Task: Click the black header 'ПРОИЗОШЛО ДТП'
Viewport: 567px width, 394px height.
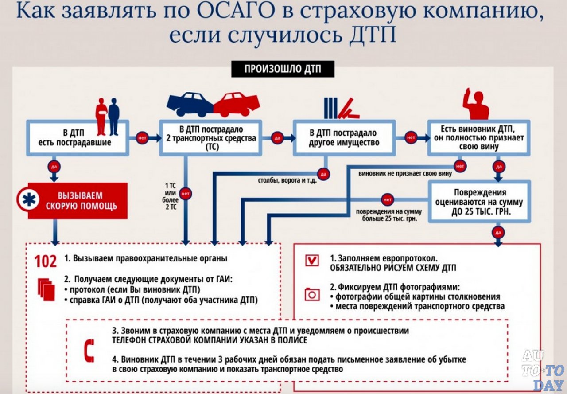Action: click(283, 69)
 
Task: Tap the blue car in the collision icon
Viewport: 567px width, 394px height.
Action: click(190, 104)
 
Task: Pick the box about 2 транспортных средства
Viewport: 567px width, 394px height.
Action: click(211, 137)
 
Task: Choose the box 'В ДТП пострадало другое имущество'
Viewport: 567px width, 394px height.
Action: click(344, 137)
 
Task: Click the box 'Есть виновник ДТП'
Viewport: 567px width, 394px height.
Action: click(479, 137)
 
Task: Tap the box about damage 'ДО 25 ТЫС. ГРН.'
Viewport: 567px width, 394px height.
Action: click(479, 201)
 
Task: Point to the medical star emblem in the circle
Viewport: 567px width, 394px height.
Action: click(29, 200)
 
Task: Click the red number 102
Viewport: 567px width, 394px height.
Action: click(46, 261)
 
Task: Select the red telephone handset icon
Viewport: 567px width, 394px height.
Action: click(89, 350)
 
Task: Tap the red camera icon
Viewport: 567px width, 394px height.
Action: click(312, 295)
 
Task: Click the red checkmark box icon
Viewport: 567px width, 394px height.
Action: click(312, 260)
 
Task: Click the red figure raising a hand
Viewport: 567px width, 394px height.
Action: click(475, 104)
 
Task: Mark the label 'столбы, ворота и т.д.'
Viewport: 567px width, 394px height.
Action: click(287, 181)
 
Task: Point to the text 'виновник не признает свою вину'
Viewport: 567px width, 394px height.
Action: click(405, 173)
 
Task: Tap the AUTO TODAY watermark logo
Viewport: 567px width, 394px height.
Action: click(543, 371)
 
